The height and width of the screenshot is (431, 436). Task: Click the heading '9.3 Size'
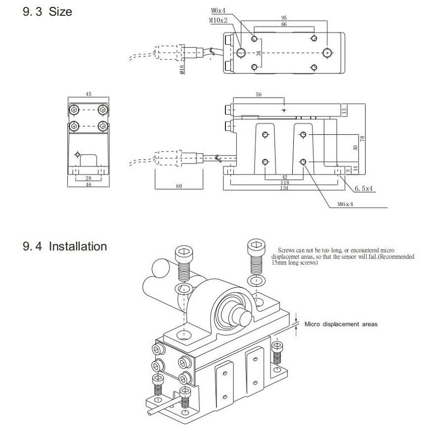[x=48, y=12]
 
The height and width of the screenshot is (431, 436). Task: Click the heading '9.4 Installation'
[x=65, y=246]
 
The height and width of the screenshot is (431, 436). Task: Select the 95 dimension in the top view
[x=283, y=18]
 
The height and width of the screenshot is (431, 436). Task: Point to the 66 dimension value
[x=283, y=24]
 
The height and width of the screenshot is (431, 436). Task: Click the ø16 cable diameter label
[x=182, y=69]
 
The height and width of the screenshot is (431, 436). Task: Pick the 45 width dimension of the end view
[x=88, y=94]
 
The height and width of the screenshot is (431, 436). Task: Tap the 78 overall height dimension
[x=363, y=138]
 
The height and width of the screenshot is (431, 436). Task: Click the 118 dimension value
[x=285, y=182]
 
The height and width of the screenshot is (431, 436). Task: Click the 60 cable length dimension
[x=179, y=186]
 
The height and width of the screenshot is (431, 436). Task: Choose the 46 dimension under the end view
[x=88, y=184]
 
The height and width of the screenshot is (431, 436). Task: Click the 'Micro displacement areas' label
[x=341, y=324]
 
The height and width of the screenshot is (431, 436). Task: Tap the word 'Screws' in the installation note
[x=287, y=251]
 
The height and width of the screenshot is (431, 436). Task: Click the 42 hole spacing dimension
[x=284, y=177]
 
